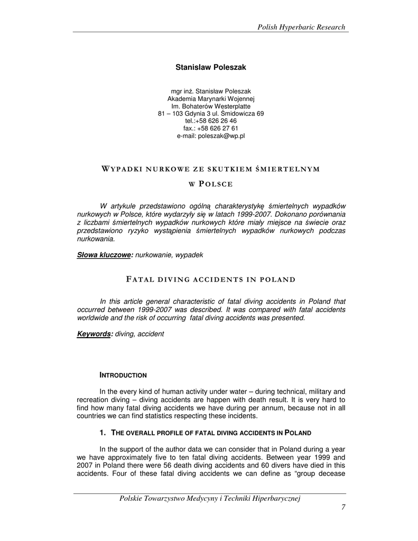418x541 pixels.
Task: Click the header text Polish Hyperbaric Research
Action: coord(301,27)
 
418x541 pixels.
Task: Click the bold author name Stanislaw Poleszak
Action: coord(211,68)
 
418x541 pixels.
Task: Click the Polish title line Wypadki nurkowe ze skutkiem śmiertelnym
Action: coord(210,169)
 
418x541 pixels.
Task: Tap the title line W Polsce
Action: coord(211,184)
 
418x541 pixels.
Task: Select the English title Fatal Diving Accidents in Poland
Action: coord(210,279)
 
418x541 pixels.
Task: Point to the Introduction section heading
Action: coord(123,375)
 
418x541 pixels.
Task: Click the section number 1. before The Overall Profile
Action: coord(103,433)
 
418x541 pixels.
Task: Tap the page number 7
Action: coord(343,508)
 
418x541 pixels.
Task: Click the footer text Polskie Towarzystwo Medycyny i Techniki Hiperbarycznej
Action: coord(210,498)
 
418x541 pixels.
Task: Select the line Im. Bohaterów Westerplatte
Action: coord(211,106)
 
